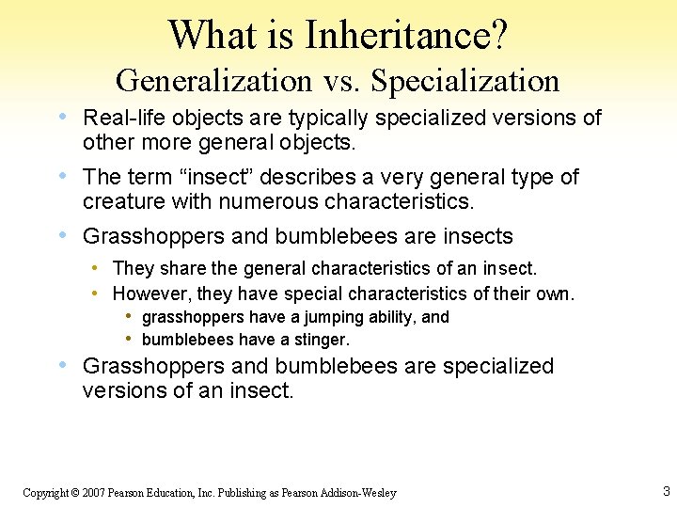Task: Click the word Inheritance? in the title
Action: tap(406, 36)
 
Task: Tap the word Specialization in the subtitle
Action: tap(465, 81)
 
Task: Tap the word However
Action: tap(150, 294)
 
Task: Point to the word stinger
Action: tap(321, 340)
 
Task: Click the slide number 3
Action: tap(666, 491)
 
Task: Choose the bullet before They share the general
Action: tap(97, 269)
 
